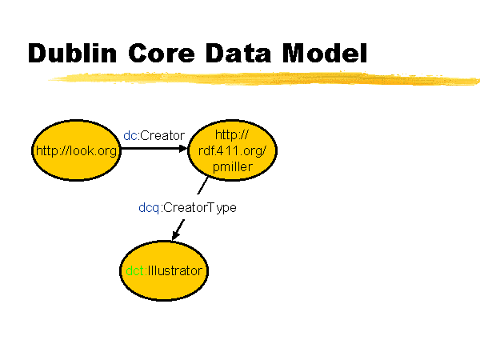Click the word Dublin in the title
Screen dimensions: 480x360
(72, 53)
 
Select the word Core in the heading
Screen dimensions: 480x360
(162, 53)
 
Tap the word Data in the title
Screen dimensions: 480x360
(238, 53)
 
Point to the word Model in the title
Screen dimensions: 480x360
(325, 53)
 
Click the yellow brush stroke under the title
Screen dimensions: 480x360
(263, 78)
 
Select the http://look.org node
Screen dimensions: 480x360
(76, 150)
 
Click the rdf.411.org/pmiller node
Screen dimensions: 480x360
(232, 150)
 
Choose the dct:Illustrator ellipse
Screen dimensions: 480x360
(164, 271)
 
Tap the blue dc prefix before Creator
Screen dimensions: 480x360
(130, 136)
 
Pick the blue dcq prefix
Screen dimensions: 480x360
(149, 208)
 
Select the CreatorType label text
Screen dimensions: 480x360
(200, 208)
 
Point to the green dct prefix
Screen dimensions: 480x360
(134, 271)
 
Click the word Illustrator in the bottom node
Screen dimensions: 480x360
(174, 271)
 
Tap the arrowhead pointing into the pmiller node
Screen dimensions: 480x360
(183, 149)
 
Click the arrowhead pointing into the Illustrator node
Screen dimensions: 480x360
(174, 235)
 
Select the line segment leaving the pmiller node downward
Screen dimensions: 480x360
(202, 186)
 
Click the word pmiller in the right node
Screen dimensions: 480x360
(233, 167)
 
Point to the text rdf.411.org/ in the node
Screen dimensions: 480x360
(232, 150)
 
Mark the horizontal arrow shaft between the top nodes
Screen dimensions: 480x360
(150, 149)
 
